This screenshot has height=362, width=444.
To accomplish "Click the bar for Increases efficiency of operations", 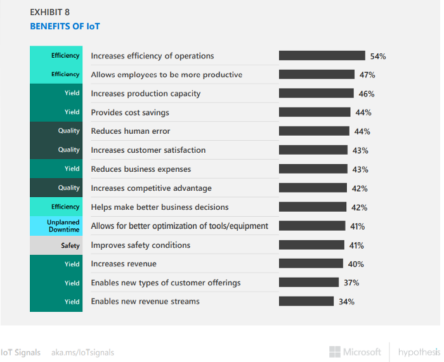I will pyautogui.click(x=322, y=56).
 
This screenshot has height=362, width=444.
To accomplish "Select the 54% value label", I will pyautogui.click(x=378, y=56).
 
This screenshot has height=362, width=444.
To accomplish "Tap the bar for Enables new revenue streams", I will pyautogui.click(x=307, y=301).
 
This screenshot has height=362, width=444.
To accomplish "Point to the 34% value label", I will pyautogui.click(x=346, y=302).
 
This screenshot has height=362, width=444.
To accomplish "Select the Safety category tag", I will pyautogui.click(x=56, y=245).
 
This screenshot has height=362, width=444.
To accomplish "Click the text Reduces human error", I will pyautogui.click(x=131, y=131).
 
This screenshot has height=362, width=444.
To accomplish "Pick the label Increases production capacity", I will pyautogui.click(x=145, y=94).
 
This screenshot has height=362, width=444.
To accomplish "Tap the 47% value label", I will pyautogui.click(x=367, y=75).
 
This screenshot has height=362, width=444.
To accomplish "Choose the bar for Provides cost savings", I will pyautogui.click(x=315, y=112).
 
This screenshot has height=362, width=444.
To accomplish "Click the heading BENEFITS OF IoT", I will pyautogui.click(x=65, y=27).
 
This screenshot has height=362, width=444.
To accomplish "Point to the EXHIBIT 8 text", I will pyautogui.click(x=52, y=12).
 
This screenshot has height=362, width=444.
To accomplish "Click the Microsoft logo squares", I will pyautogui.click(x=334, y=352).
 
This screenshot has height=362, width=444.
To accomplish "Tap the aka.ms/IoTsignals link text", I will pyautogui.click(x=82, y=352).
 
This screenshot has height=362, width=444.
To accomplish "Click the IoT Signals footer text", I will pyautogui.click(x=20, y=352).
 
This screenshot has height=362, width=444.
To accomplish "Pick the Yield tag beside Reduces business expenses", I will pyautogui.click(x=56, y=169).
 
